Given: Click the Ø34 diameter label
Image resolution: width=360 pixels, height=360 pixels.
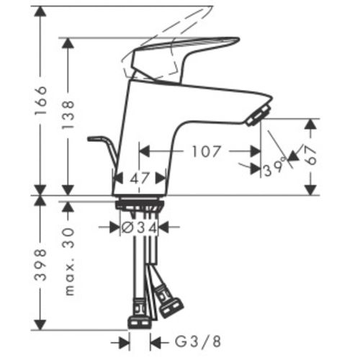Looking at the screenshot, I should point(140,228).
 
